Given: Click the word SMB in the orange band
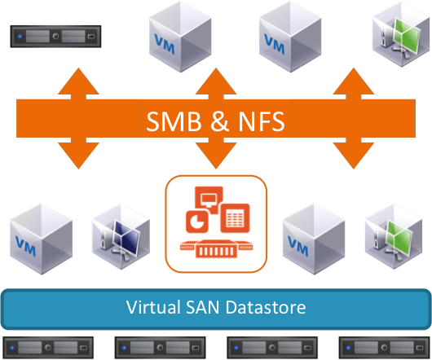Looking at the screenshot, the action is coord(174,121).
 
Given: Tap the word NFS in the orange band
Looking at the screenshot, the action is coord(262,121).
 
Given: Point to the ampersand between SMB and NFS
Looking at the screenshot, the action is coord(220,121).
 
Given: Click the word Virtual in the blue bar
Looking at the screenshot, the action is coord(153,307).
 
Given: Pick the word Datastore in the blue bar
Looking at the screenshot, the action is coord(266,307).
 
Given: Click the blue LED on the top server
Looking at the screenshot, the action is coord(20,37).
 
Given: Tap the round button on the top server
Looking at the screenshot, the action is coord(55,37).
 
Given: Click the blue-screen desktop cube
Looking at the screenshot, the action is coord(121,237).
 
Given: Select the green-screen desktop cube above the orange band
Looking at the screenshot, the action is coord(401,34).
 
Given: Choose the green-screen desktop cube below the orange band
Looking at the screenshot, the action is coord(394,237).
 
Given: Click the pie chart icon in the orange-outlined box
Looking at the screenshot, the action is coord(197,222).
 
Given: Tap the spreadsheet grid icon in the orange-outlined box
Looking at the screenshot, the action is coord(235,218).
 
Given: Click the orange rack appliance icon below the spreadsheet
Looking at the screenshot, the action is coord(216,248).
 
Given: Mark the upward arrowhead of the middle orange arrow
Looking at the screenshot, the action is coord(216,81).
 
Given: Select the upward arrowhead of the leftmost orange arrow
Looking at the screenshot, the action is coord(78,81).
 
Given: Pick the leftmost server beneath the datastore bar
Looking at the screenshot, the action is coord(48,348).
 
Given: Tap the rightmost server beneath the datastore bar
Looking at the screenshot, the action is coord(385,348).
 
